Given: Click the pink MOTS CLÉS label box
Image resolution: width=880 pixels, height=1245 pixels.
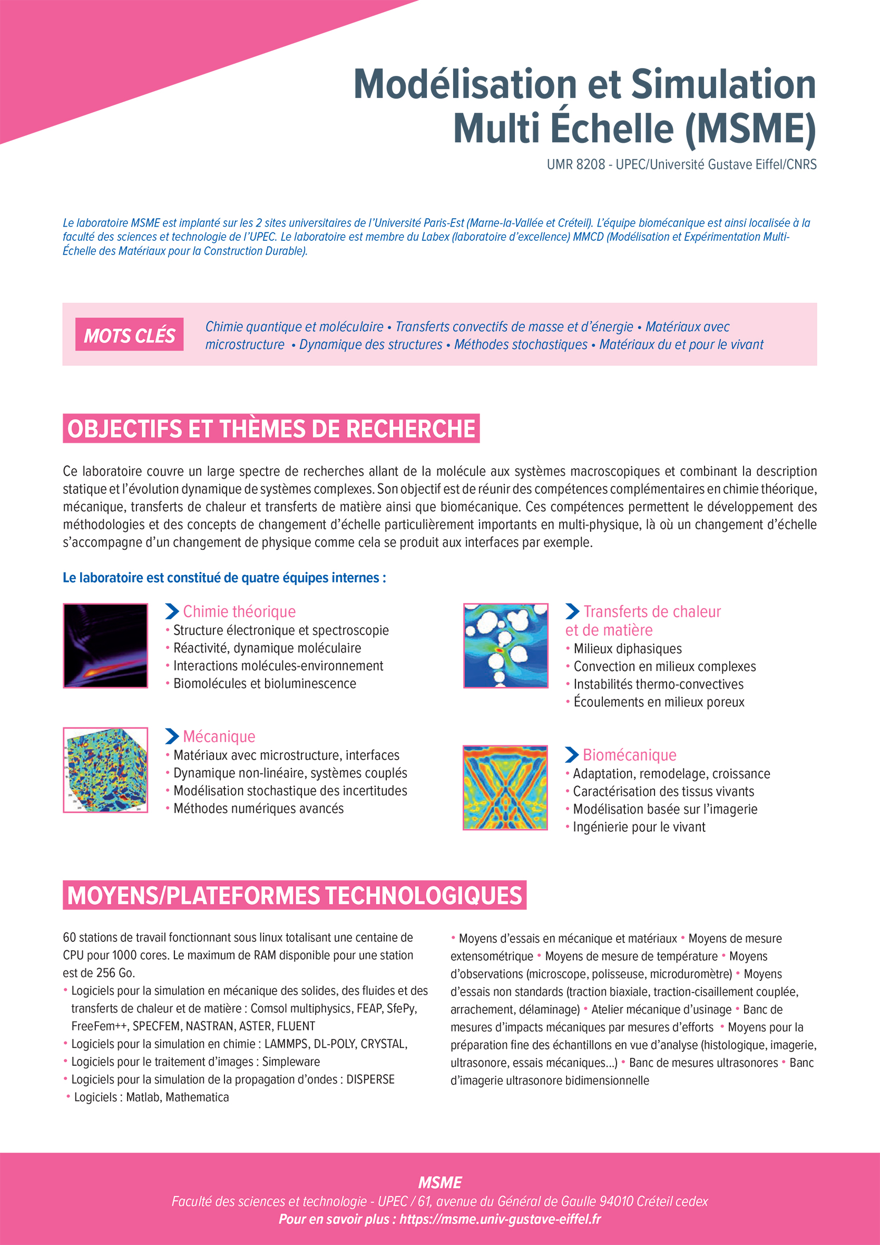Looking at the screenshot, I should click(x=129, y=335).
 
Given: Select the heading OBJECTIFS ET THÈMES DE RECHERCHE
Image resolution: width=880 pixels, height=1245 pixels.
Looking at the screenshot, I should click(x=271, y=429).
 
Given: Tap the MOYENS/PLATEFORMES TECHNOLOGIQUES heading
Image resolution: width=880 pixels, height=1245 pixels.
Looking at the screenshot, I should click(x=295, y=895).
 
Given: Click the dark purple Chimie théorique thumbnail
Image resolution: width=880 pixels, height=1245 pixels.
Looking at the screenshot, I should click(x=105, y=645).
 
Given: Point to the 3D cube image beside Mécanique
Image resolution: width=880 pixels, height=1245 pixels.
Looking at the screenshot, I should click(x=105, y=770).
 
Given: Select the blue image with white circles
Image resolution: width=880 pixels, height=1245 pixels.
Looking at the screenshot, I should click(x=505, y=645).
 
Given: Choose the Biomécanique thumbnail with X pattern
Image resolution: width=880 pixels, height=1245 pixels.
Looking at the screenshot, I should click(x=505, y=787).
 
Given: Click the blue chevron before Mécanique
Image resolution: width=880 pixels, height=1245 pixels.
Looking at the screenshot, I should click(x=172, y=736).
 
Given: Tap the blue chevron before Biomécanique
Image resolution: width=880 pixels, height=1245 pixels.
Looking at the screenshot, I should click(x=572, y=755).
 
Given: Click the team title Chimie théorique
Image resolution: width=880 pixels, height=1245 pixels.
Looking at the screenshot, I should click(x=239, y=611).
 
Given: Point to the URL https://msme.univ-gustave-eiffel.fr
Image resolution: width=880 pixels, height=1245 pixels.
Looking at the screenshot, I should click(x=500, y=1220).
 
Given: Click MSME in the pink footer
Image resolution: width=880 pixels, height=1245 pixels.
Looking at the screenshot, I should click(x=439, y=1183).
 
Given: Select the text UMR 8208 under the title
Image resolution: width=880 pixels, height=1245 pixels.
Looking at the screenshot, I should click(x=575, y=164).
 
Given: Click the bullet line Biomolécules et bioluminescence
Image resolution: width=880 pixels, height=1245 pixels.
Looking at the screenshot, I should click(x=265, y=684).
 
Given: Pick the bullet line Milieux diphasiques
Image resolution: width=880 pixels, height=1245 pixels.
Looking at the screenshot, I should click(x=628, y=649).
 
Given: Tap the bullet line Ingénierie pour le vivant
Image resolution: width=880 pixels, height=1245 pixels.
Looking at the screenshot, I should click(x=639, y=827).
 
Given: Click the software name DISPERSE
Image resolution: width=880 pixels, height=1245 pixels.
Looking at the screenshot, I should click(x=370, y=1079).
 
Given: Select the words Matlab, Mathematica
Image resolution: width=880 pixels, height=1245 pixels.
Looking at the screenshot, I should click(x=177, y=1097).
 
